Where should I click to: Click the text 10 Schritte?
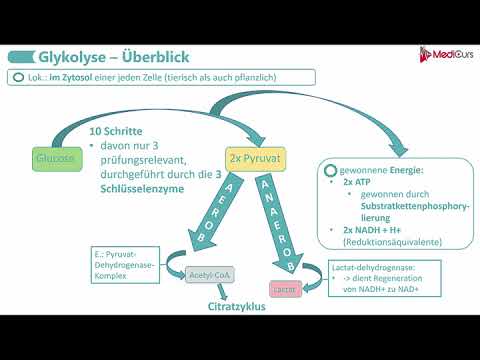coord(116,132)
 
